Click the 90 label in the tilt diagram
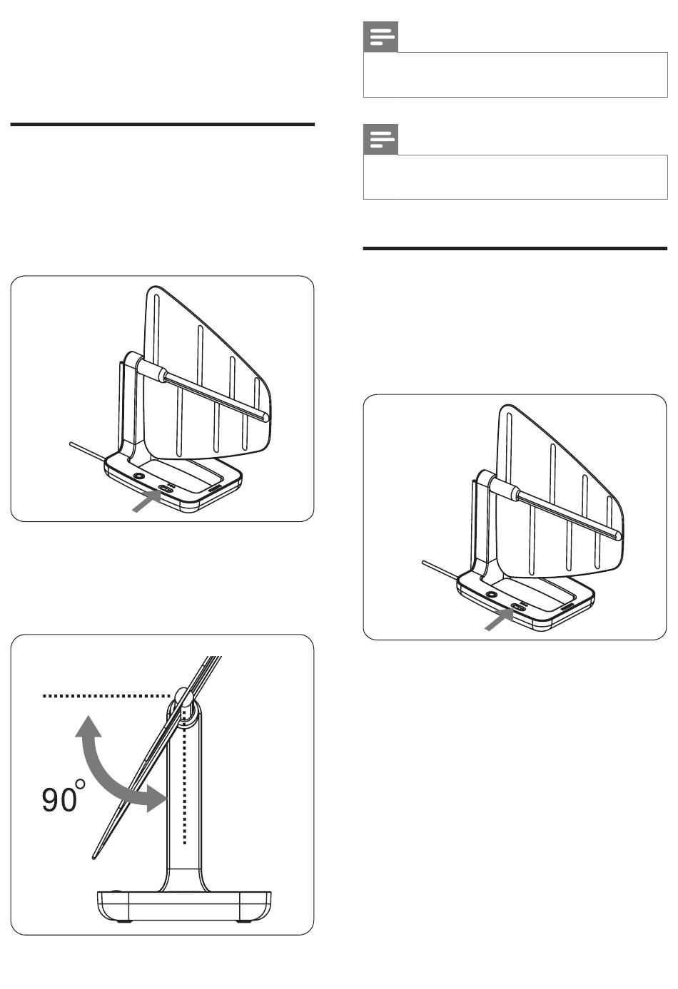pyautogui.click(x=59, y=800)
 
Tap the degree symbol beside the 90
pyautogui.click(x=81, y=783)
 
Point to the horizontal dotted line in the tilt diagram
pyautogui.click(x=107, y=696)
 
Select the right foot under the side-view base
pyautogui.click(x=243, y=922)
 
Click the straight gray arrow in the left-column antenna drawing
pyautogui.click(x=146, y=502)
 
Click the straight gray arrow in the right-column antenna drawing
pyautogui.click(x=499, y=620)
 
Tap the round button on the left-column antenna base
pyautogui.click(x=138, y=477)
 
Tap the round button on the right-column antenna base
pyautogui.click(x=491, y=595)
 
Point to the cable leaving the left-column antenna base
pyautogui.click(x=88, y=451)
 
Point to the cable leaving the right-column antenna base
pyautogui.click(x=440, y=570)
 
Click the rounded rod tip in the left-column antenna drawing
pyautogui.click(x=264, y=416)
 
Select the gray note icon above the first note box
pyautogui.click(x=380, y=36)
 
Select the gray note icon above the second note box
pyautogui.click(x=380, y=140)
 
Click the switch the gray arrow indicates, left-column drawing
pyautogui.click(x=166, y=488)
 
